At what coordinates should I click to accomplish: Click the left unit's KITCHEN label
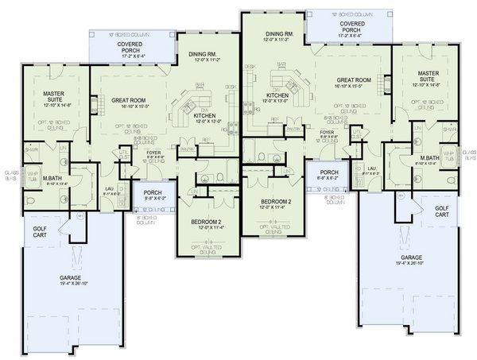(x=205, y=116)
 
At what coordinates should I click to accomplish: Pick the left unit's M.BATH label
(x=54, y=177)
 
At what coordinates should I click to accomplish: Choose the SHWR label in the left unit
(x=32, y=149)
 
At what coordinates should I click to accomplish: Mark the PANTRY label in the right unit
(x=293, y=127)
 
